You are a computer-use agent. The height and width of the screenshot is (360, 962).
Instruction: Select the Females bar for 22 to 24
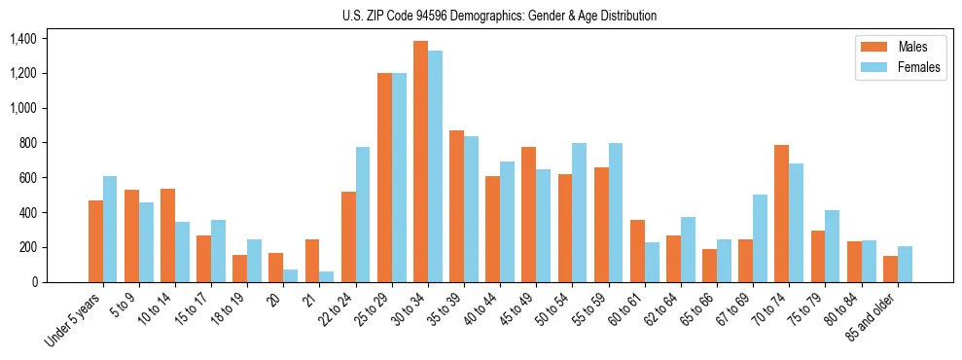363,214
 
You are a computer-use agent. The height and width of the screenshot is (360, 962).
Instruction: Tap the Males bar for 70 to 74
781,213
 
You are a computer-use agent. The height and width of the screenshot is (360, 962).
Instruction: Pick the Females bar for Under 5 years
110,229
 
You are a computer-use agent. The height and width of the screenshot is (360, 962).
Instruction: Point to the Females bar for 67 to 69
760,238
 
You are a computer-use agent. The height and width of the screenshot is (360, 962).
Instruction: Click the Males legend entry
892,47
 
